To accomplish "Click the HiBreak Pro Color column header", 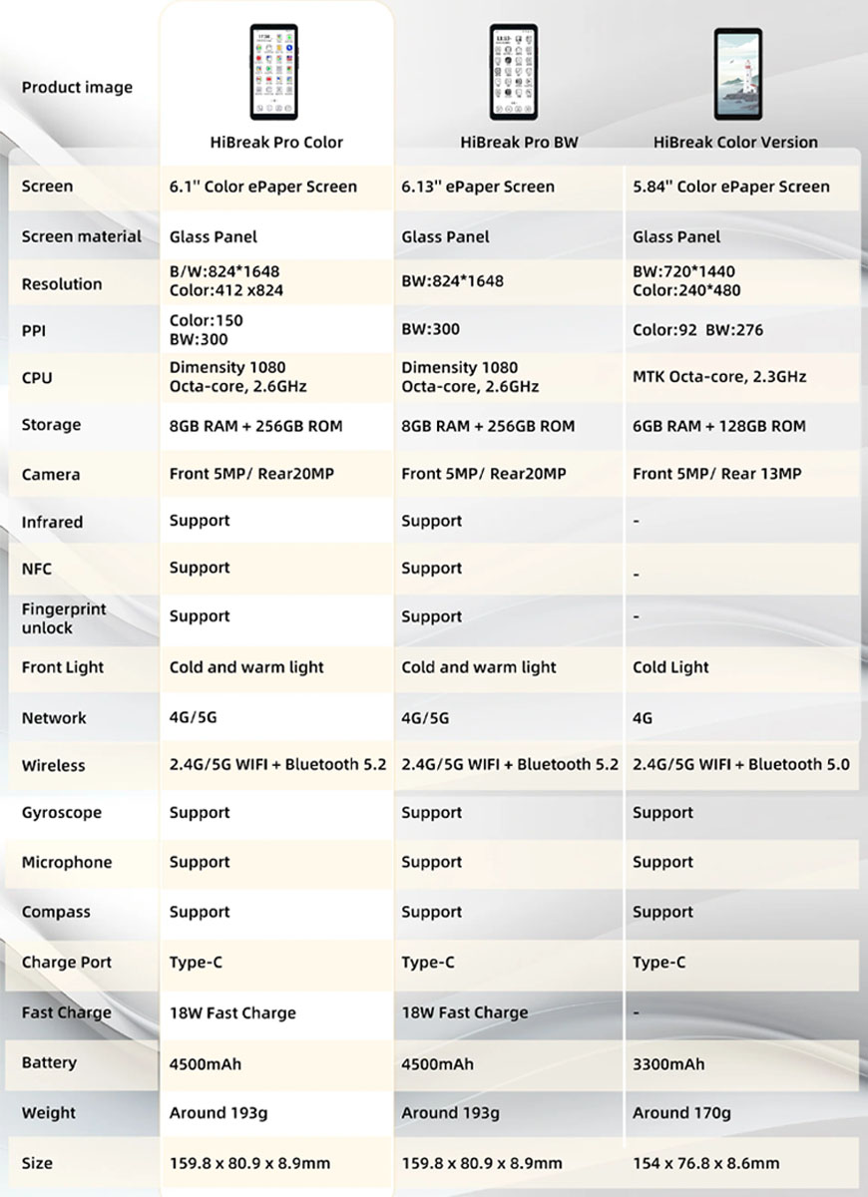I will coord(276,142).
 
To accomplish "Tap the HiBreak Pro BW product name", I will coord(519,142).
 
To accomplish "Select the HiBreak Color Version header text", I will coord(735,142).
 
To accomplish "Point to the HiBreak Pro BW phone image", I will coord(513,72).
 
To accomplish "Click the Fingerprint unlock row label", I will coord(64,618).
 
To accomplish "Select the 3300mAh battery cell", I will coord(668,1064).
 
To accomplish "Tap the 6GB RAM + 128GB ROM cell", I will coord(718,426).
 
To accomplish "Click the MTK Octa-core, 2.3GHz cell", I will coord(719,377).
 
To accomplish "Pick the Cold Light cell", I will coord(670,667).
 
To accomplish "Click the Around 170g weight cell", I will coord(681,1113).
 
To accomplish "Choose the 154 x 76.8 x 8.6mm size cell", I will coord(705,1163).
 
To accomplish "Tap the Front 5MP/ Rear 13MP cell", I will coord(716,474).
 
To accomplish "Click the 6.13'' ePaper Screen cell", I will coord(477,187).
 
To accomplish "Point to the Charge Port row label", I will coord(67,963).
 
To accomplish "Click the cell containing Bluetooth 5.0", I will coord(740,765).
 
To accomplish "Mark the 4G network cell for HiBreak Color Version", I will coord(644,718).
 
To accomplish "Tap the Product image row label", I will coord(77,88).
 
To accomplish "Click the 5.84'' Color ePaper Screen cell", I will coord(730,187).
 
